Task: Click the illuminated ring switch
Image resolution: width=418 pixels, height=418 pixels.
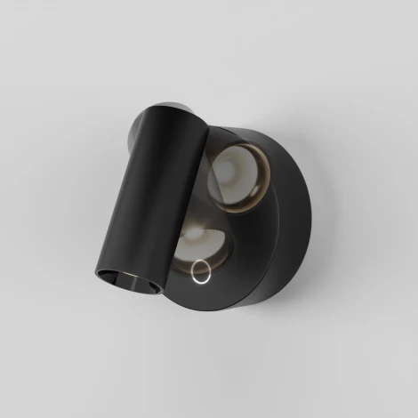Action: (x=201, y=270)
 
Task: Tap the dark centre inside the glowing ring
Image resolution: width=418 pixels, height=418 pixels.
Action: (x=201, y=270)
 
